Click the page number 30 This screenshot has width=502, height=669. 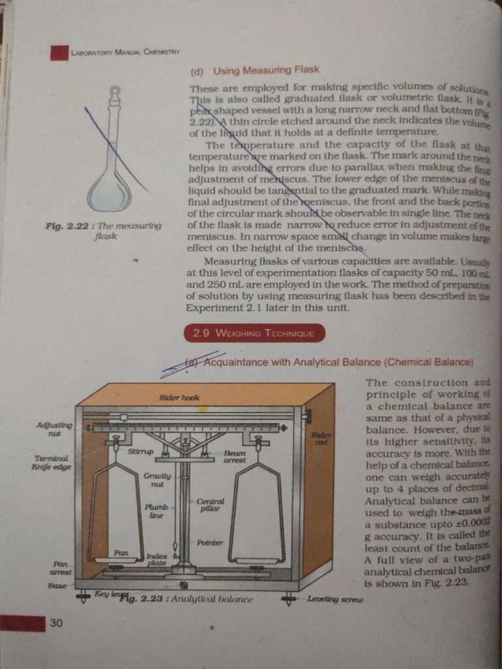tap(57, 623)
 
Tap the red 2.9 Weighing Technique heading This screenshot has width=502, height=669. tap(254, 333)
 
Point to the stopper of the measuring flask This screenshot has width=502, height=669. tap(115, 94)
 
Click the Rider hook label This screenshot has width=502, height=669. tap(179, 397)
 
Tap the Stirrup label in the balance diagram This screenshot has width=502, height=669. tap(141, 451)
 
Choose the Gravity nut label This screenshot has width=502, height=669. tap(157, 480)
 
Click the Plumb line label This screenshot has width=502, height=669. tap(156, 511)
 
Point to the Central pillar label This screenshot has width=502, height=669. tap(210, 504)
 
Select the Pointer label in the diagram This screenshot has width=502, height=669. tap(210, 542)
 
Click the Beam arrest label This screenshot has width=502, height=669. tap(235, 456)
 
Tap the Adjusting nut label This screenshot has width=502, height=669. tap(54, 429)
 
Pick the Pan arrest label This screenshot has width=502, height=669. tap(60, 567)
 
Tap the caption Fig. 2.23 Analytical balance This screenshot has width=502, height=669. tap(186, 598)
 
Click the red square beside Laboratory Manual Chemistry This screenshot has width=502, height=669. tap(59, 52)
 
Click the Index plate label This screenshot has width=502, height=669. tap(157, 559)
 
